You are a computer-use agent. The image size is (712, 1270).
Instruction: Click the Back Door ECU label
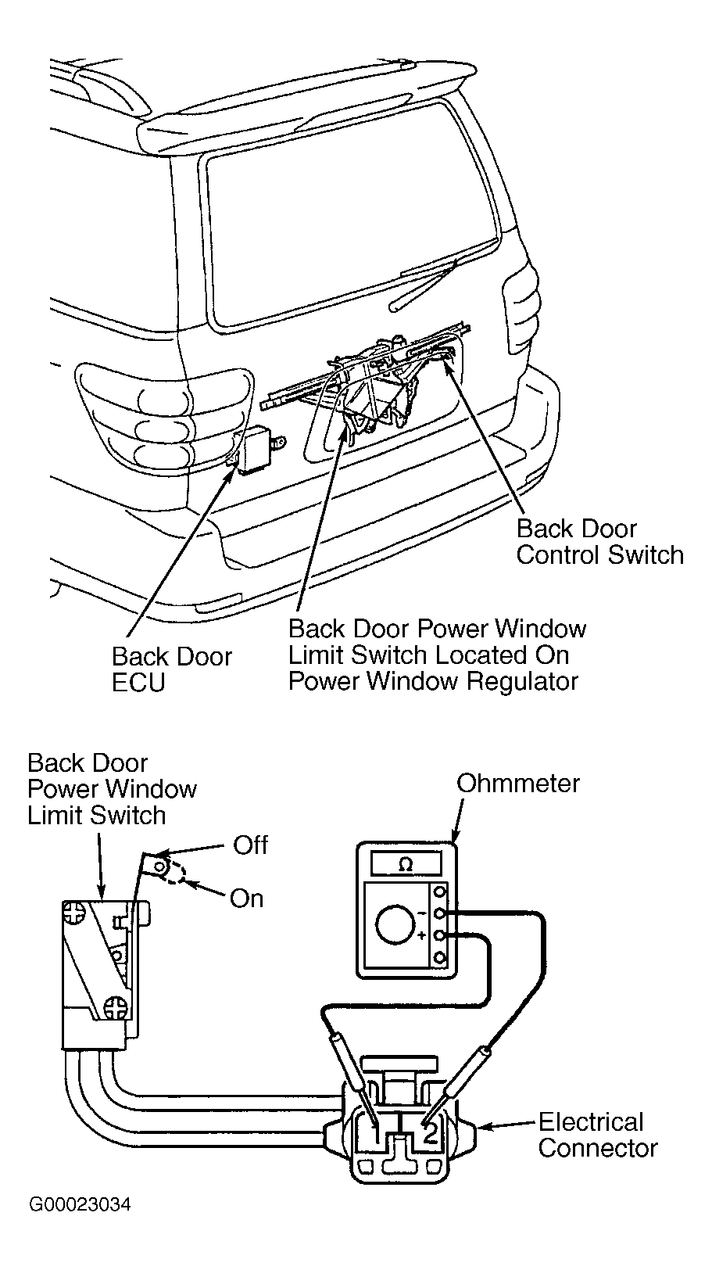tap(172, 669)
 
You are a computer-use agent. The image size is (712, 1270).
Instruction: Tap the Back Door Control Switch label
tap(600, 541)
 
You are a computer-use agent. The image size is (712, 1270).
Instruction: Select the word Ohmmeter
tap(518, 784)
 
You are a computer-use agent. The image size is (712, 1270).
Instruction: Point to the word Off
tap(250, 845)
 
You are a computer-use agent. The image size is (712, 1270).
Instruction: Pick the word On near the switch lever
tap(247, 899)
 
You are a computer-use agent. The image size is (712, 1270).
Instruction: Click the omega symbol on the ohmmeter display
tap(405, 864)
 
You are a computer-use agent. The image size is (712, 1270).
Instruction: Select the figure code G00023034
tap(80, 1204)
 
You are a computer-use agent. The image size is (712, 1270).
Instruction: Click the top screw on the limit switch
tap(73, 913)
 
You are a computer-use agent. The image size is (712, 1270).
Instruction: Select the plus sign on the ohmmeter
tap(421, 935)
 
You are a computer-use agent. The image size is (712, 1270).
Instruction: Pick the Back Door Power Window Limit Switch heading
tap(112, 789)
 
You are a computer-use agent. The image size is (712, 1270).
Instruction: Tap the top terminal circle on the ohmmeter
tap(439, 892)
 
